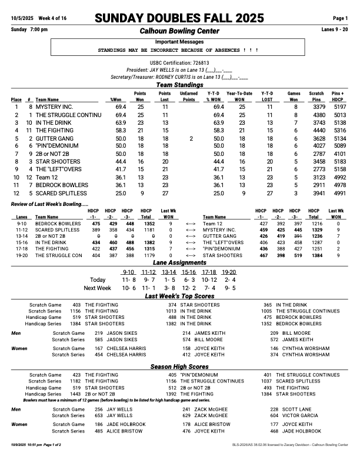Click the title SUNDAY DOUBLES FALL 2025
(179, 19)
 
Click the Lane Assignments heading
(179, 262)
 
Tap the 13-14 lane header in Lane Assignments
(168, 272)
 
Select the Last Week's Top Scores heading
(179, 297)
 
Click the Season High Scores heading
(179, 367)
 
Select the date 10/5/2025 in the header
(24, 19)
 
